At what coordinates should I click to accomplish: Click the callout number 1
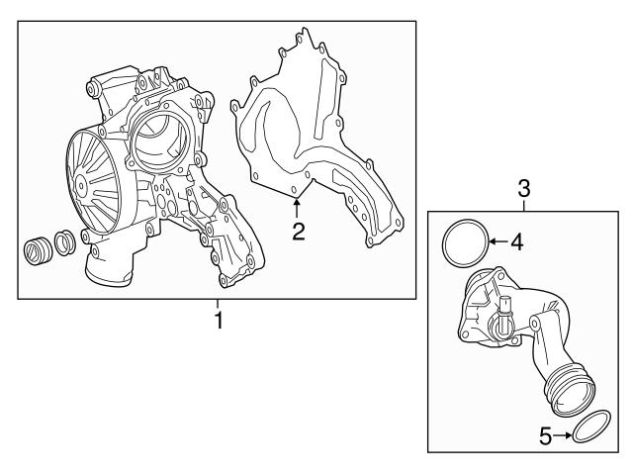coord(220,321)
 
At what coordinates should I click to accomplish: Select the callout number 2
coord(296,233)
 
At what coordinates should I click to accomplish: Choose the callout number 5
coord(545,433)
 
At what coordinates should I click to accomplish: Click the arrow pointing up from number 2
coord(296,207)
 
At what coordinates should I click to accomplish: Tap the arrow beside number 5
coord(565,433)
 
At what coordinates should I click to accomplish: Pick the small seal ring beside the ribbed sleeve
coord(63,240)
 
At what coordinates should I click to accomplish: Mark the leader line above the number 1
coord(220,304)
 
